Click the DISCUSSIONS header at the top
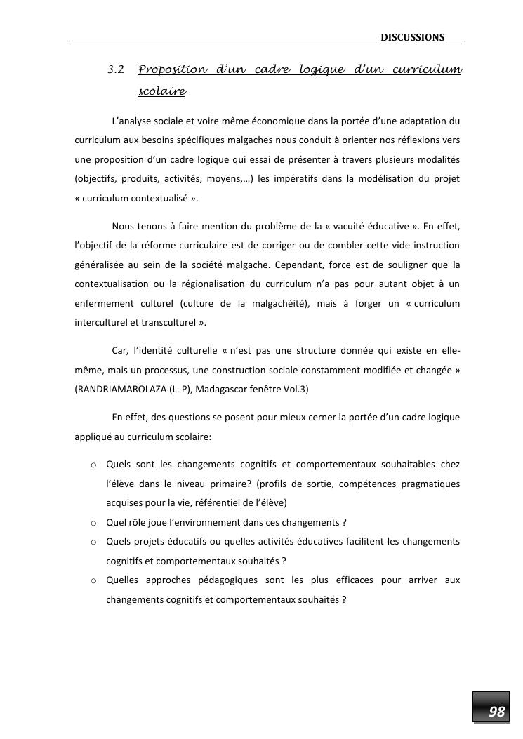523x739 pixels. tap(413, 37)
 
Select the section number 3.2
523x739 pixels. tap(117, 70)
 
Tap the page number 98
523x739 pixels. tap(496, 712)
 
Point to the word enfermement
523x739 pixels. tap(105, 303)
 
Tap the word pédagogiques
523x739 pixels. tap(229, 580)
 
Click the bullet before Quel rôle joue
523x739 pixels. tap(93, 523)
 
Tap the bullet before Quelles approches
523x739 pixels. tap(93, 581)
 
